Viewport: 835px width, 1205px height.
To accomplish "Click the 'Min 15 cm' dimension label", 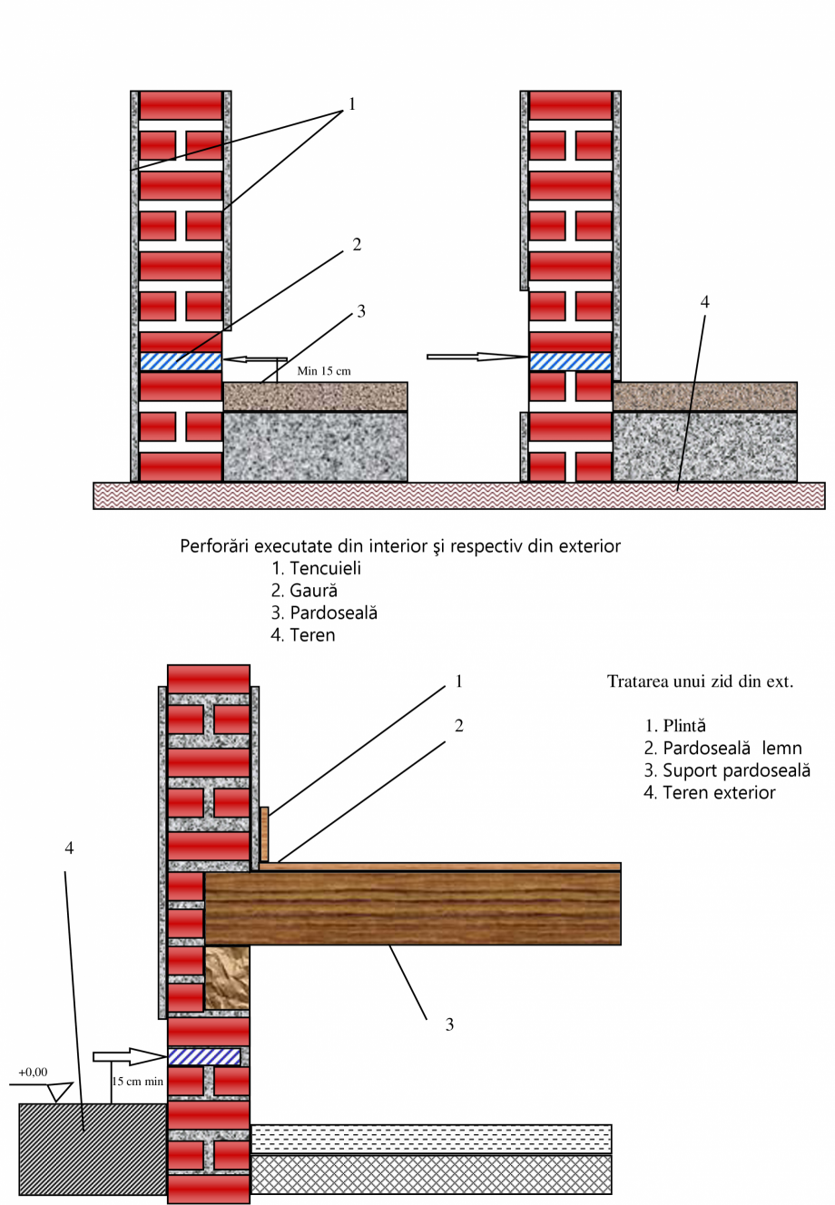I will (324, 370).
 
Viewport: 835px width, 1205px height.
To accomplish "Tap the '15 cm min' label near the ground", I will (138, 1081).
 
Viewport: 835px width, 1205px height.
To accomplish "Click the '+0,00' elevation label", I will (33, 1072).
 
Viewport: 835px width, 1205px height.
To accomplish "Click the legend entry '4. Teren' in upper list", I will (303, 635).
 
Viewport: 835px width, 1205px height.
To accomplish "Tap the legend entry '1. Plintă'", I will (675, 725).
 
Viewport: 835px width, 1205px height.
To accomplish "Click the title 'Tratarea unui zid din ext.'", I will (700, 681).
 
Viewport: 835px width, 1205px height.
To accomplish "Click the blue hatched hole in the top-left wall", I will (181, 361).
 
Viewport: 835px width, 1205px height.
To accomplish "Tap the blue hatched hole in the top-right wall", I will (570, 361).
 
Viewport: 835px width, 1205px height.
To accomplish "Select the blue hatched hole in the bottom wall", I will (204, 1057).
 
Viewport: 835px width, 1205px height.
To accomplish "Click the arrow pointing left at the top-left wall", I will (255, 360).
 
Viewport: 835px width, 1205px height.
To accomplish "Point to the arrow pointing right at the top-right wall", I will (476, 357).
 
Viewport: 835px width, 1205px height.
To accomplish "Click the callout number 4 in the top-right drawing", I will (704, 300).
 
